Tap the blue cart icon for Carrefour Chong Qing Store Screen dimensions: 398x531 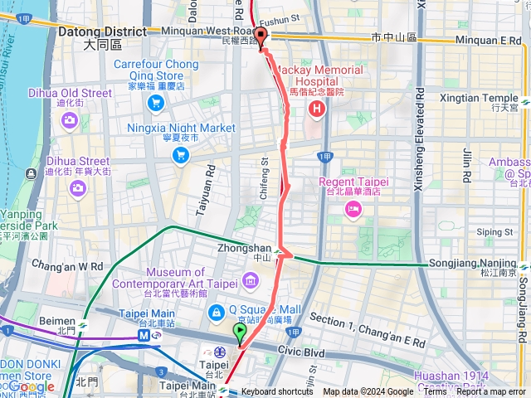pyautogui.click(x=155, y=103)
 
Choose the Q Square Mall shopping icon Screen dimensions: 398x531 pyautogui.click(x=216, y=313)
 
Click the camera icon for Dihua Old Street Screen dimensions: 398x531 pyautogui.click(x=66, y=122)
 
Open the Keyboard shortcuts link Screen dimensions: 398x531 pyautogui.click(x=277, y=391)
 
